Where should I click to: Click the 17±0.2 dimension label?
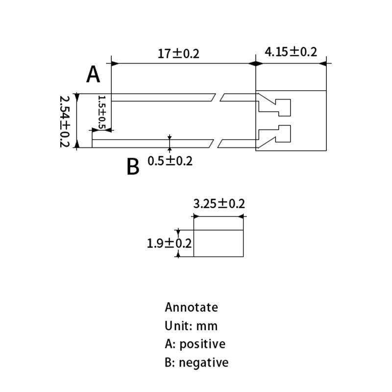(x=178, y=53)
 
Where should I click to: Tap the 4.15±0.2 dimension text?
(x=291, y=51)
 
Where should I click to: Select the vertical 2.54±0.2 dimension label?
(x=64, y=120)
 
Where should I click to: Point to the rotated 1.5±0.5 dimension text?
(x=102, y=112)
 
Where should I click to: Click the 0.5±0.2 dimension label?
(x=170, y=161)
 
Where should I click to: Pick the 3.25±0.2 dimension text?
(x=219, y=204)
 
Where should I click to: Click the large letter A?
(x=93, y=75)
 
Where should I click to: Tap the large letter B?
(x=133, y=167)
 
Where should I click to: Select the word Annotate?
(x=191, y=308)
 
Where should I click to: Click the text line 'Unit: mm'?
(x=191, y=326)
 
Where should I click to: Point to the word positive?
(x=202, y=344)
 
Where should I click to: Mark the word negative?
(x=204, y=363)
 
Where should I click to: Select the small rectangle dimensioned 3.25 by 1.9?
(x=219, y=243)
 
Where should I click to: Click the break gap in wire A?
(x=218, y=97)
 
